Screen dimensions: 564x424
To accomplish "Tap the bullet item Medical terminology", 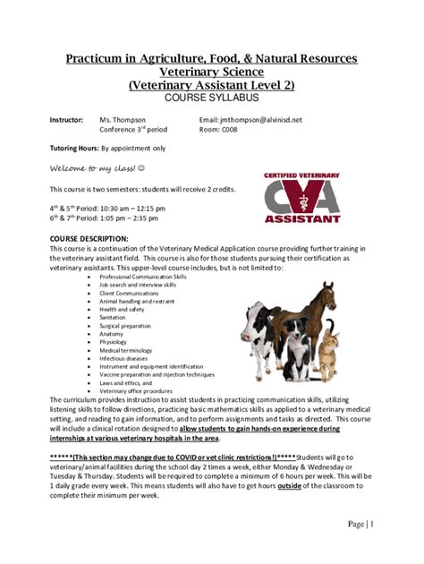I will [124, 350].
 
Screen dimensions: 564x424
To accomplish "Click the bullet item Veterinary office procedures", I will [135, 391].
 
